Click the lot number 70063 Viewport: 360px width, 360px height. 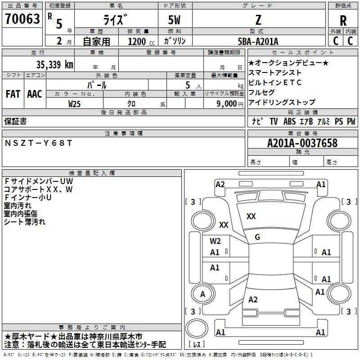point(22,19)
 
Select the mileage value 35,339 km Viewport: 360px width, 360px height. point(54,64)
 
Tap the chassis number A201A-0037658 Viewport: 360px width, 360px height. point(302,143)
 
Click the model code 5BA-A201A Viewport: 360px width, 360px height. point(258,41)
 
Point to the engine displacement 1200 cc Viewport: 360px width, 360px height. point(141,41)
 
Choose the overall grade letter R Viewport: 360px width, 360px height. point(343,21)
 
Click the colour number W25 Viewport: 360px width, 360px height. point(74,104)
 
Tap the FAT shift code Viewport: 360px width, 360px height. point(13,94)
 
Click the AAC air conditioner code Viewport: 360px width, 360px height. point(35,94)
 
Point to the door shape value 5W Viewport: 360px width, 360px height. point(174,20)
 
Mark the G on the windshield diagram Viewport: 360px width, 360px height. point(257,237)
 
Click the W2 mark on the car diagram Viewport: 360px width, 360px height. point(215,241)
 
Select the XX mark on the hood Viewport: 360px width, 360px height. point(251,216)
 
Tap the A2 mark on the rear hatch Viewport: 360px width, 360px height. point(253,299)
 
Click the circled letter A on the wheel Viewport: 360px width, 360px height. point(203,294)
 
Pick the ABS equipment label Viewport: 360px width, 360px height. point(289,121)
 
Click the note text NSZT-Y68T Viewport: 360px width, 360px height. point(38,143)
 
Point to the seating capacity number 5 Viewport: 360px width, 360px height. point(188,85)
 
